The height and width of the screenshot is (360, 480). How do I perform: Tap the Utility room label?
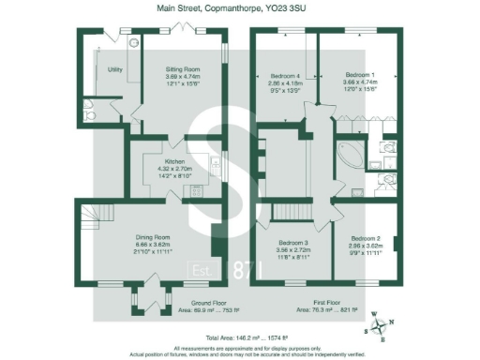[115, 69]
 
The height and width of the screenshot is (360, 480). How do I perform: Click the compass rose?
[379, 324]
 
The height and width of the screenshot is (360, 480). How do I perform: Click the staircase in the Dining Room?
[92, 225]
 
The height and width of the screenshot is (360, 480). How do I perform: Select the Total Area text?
[240, 334]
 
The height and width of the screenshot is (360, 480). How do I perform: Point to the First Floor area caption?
[321, 304]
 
